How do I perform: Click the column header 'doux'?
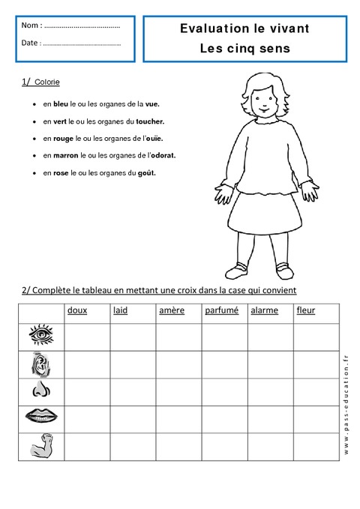(76, 310)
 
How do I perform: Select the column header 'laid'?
(120, 310)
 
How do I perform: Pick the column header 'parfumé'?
(220, 310)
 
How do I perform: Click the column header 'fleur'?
(306, 310)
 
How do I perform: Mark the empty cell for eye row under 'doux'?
(87, 337)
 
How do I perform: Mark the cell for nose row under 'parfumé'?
(225, 391)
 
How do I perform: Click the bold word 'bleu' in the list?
(61, 103)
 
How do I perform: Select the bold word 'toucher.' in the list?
(150, 121)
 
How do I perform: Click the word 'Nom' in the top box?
(31, 25)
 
